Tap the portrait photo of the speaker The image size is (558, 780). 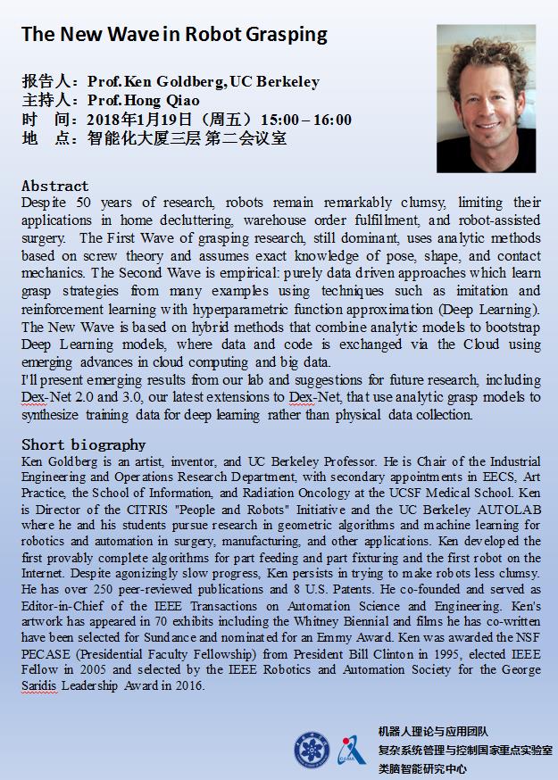click(x=486, y=98)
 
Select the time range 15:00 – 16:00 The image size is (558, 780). click(x=306, y=120)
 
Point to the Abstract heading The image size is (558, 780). click(x=55, y=186)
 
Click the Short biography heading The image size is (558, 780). click(x=83, y=444)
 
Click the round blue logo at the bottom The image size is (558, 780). click(x=312, y=749)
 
